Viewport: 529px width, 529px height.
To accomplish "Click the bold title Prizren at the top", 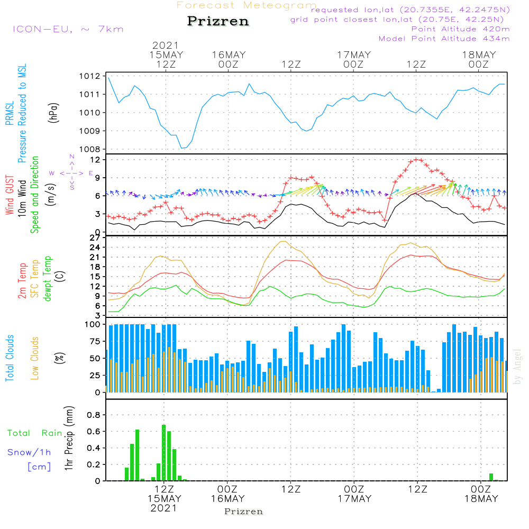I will [217, 22].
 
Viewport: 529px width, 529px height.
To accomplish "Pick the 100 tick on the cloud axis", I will [93, 324].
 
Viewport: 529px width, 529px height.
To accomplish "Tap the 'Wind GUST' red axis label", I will [10, 196].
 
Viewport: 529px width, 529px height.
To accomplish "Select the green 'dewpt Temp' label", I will [48, 279].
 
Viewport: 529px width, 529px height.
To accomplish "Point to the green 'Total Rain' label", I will [34, 433].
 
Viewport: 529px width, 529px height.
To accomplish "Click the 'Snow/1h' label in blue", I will [29, 452].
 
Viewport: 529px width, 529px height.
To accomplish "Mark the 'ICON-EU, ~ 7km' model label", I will [68, 29].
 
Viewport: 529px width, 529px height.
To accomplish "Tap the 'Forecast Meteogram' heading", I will [247, 6].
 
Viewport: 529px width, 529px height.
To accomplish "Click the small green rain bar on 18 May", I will [491, 477].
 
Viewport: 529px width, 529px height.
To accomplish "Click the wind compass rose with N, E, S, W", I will [71, 173].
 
